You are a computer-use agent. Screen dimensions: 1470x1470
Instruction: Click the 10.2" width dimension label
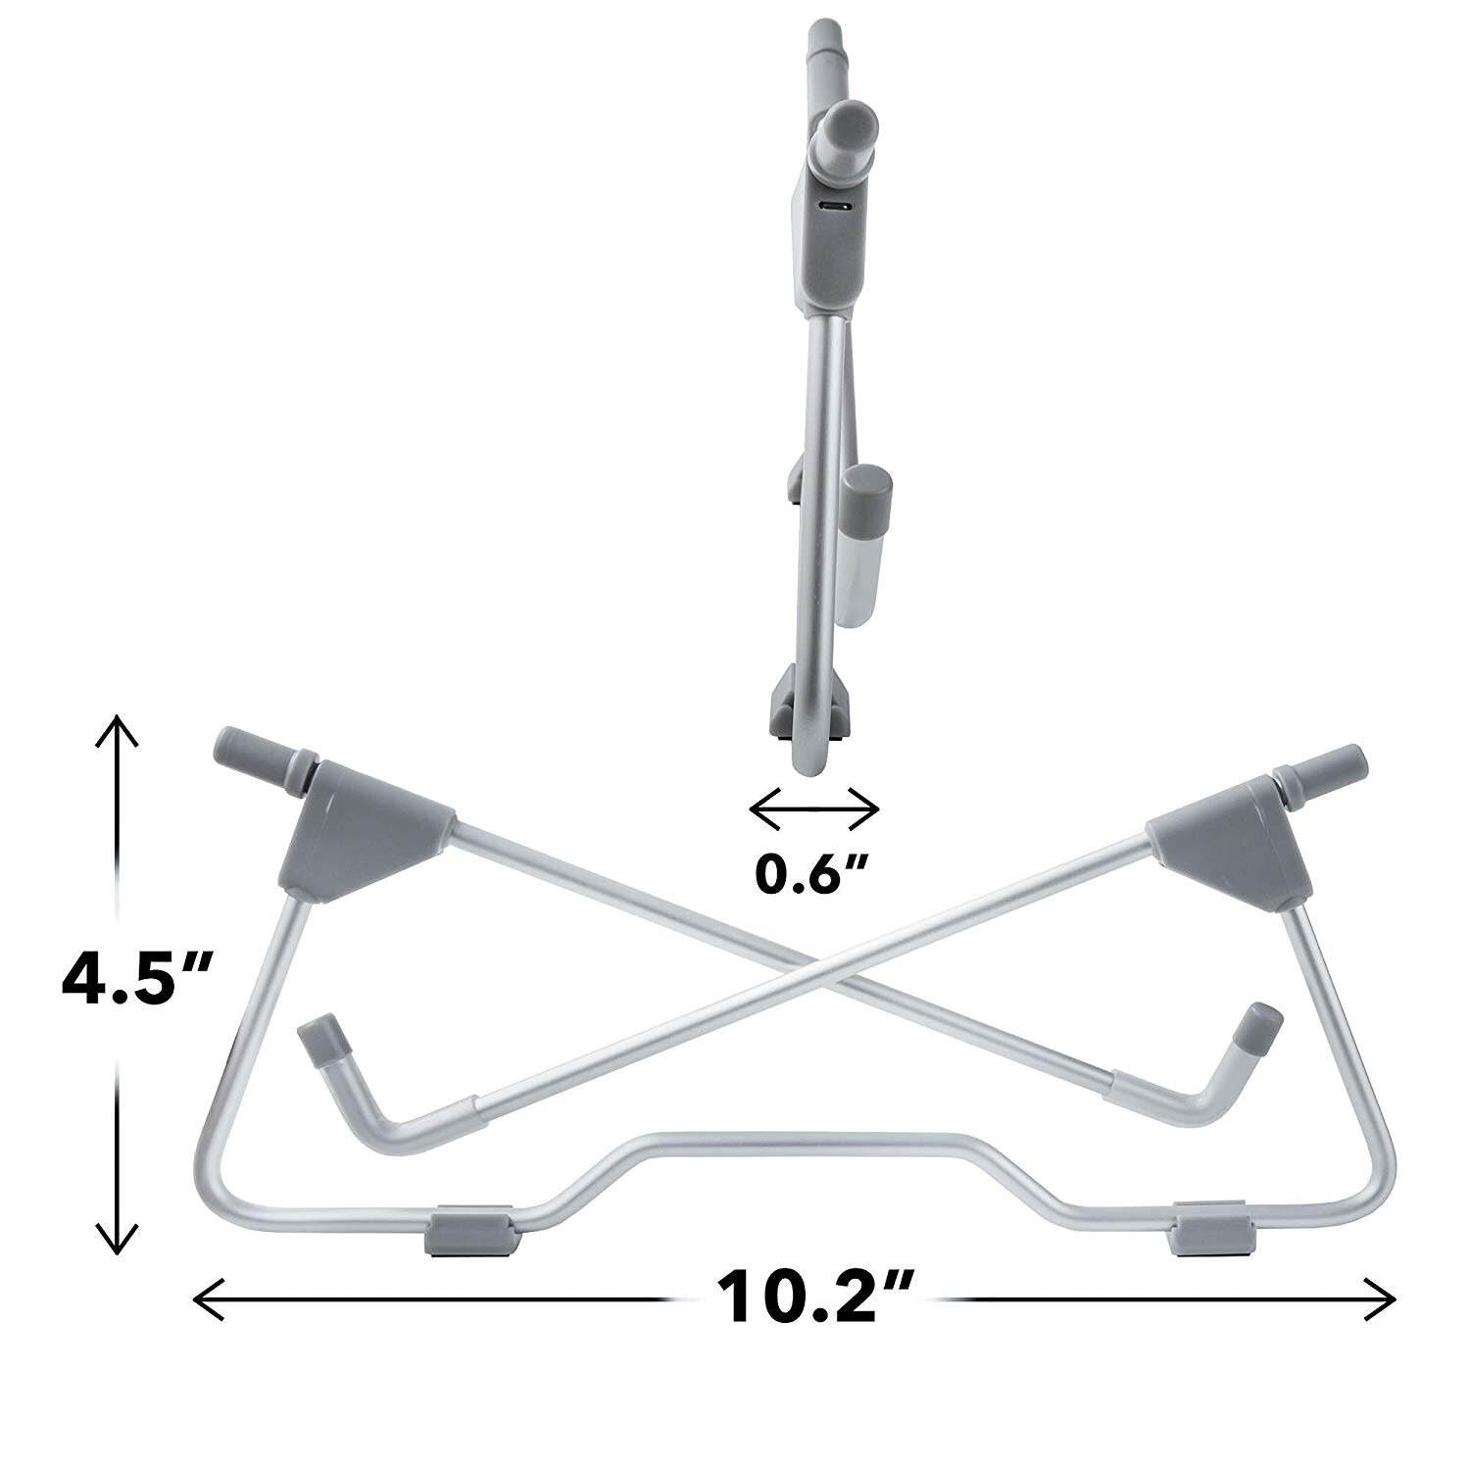816,1298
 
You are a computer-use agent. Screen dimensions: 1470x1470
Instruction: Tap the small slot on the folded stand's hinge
836,207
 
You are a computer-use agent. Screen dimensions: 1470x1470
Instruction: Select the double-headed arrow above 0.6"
813,807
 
